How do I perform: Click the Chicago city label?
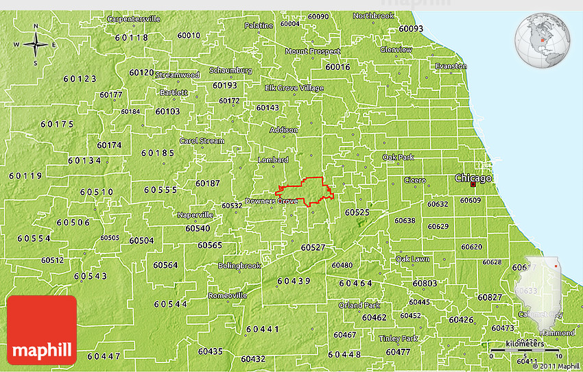pos(474,178)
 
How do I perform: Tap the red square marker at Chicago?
pos(473,184)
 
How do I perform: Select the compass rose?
pos(36,45)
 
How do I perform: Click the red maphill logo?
pos(42,329)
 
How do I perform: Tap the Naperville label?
pos(195,214)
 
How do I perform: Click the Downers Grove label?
pos(271,201)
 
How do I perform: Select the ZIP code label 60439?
pos(294,281)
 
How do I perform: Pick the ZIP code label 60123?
pos(80,79)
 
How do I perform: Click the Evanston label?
pos(451,66)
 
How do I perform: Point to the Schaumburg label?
pos(230,71)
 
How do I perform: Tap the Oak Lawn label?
pos(412,259)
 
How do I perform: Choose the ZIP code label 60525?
pos(357,213)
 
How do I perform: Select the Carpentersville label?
pos(133,19)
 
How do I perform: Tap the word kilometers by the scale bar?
pos(525,343)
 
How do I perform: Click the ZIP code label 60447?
pos(104,356)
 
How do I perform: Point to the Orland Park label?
pos(359,305)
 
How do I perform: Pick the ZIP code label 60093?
pos(411,29)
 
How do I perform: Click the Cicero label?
pos(414,180)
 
